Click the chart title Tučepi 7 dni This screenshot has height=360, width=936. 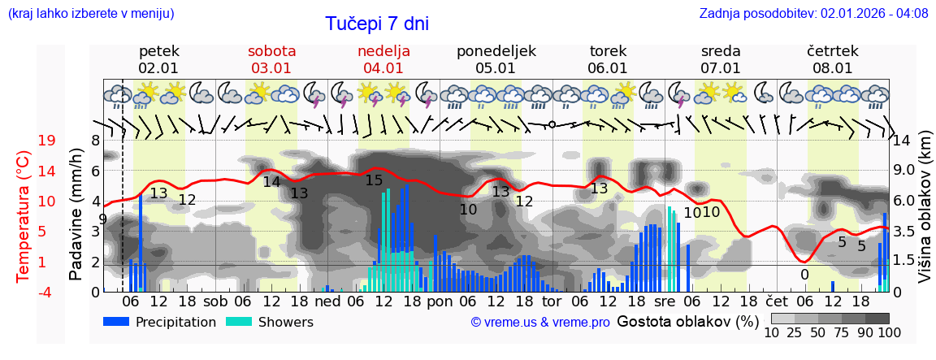point(377,24)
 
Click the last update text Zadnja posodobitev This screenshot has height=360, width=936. point(813,14)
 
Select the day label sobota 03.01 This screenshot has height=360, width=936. point(271,59)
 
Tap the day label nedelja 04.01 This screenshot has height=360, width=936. point(383,59)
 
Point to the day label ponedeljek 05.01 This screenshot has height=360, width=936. point(496,59)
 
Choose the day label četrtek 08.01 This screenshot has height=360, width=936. point(833,59)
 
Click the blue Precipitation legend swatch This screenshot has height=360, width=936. point(115,322)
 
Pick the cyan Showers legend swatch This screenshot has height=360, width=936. point(238,322)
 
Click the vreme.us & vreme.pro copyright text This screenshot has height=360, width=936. point(540,323)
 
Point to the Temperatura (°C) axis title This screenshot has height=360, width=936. point(24,216)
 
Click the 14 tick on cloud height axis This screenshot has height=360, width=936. point(903,141)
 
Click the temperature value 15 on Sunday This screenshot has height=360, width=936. point(374,180)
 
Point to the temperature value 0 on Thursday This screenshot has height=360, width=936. point(804,275)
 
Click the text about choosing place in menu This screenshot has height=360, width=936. point(90,14)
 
